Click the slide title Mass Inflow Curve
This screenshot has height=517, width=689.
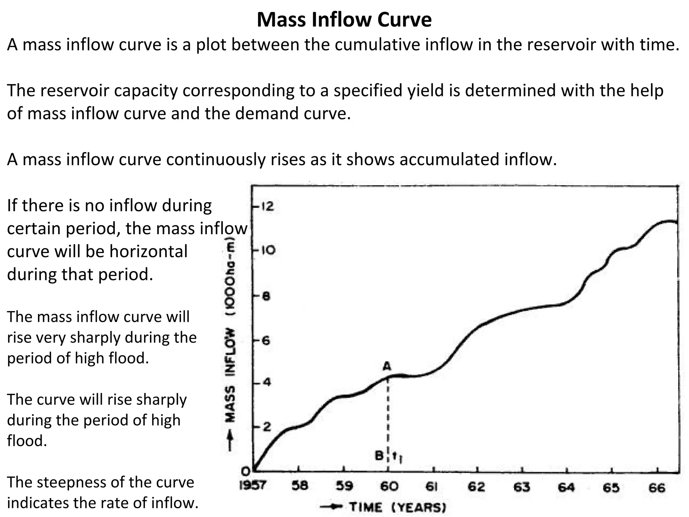click(x=344, y=20)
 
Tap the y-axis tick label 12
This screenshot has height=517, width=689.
click(x=268, y=206)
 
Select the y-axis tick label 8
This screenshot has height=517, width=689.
click(x=266, y=297)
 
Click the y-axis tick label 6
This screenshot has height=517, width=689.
click(x=266, y=341)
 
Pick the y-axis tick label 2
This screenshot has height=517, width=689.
click(x=266, y=427)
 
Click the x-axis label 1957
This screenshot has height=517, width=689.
click(x=252, y=486)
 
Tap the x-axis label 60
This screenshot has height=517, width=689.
click(x=389, y=486)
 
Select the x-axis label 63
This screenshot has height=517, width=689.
click(x=521, y=487)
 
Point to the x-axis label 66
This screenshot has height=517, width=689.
click(x=657, y=488)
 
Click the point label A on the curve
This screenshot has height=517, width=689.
click(x=387, y=366)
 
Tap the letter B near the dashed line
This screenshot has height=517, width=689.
click(x=379, y=456)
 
